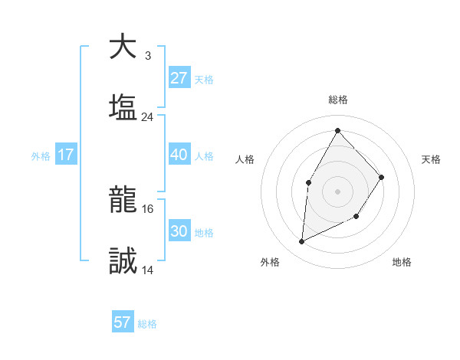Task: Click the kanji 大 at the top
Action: coord(123,47)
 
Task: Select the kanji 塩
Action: coord(123,107)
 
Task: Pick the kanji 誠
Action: coord(123,261)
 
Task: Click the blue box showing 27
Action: coord(179,78)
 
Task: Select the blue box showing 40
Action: coord(179,155)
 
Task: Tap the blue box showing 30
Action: coord(179,231)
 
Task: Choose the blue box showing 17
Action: coord(65,155)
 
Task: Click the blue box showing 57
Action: coord(123,322)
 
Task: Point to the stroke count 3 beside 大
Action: coord(147,56)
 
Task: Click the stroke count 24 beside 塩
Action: coord(147,117)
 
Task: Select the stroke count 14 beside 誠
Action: coord(147,270)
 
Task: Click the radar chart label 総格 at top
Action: coord(337,100)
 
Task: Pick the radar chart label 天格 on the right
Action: coord(431,159)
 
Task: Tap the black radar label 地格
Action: coord(402,262)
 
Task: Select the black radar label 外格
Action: coord(270,262)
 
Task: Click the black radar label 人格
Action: coord(245,159)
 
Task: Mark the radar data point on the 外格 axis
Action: coord(302,242)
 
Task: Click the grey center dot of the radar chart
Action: coord(337,190)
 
